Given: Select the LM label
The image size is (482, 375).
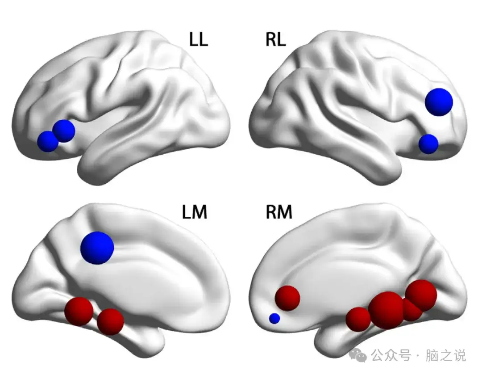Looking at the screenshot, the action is (x=194, y=212).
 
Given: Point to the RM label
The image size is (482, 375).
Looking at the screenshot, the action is (x=278, y=212).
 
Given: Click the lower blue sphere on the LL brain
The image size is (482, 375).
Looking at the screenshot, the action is (x=48, y=141).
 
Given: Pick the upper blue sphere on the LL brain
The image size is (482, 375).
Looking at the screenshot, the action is (x=63, y=131).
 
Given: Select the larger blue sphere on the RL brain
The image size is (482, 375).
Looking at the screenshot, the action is (x=439, y=102).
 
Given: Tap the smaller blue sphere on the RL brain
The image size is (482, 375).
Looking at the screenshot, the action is (x=428, y=144).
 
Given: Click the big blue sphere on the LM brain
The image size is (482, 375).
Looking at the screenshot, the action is (x=97, y=247).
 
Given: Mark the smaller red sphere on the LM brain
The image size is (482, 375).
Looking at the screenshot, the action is (x=110, y=321).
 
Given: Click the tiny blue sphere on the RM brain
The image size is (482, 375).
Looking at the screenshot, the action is (x=274, y=319).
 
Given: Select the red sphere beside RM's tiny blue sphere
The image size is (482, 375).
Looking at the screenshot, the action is (x=287, y=298).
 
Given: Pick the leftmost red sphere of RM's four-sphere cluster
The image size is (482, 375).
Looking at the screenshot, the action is (x=358, y=319).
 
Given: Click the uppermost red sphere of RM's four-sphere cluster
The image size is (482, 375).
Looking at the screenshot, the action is (x=421, y=295).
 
